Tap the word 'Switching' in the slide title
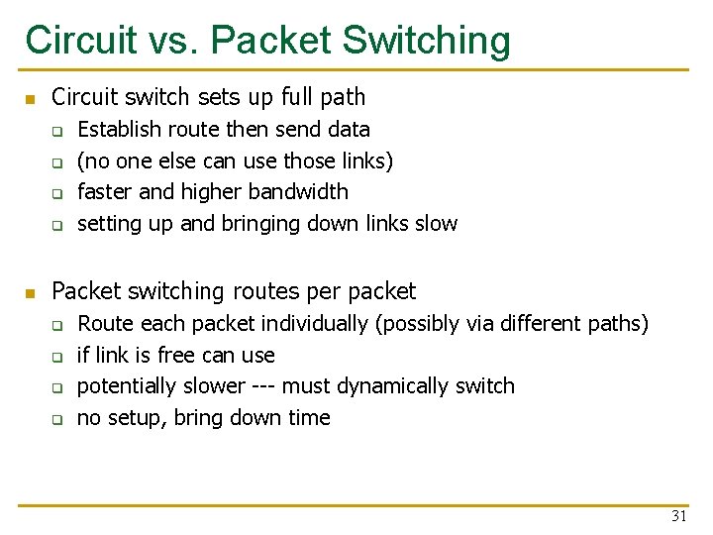(x=427, y=41)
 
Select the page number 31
(x=679, y=516)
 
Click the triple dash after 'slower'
(x=262, y=385)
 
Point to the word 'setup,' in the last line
(x=136, y=417)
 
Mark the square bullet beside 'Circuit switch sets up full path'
(x=31, y=99)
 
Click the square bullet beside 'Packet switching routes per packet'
(x=31, y=293)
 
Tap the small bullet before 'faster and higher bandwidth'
(x=57, y=193)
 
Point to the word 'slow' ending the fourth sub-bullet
(x=436, y=223)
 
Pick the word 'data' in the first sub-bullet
(x=349, y=129)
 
